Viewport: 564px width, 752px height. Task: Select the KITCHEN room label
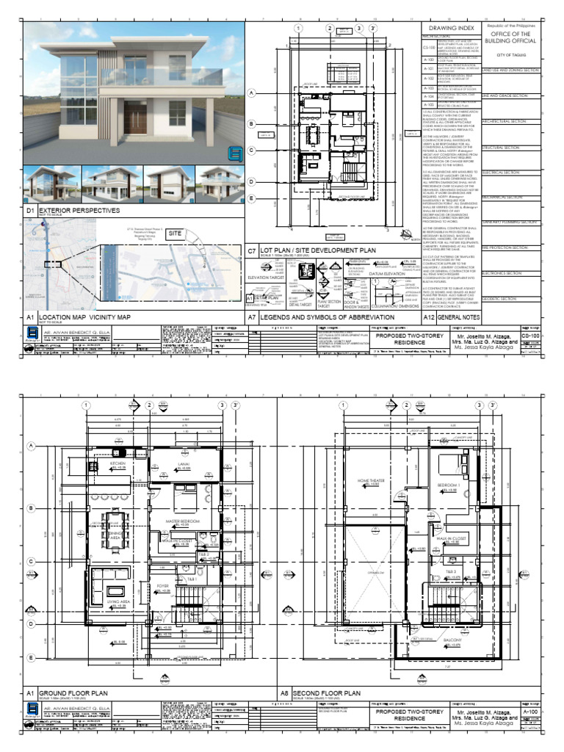(118, 464)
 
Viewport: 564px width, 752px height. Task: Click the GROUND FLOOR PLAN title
(73, 693)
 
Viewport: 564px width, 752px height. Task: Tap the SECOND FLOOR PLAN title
(331, 693)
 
